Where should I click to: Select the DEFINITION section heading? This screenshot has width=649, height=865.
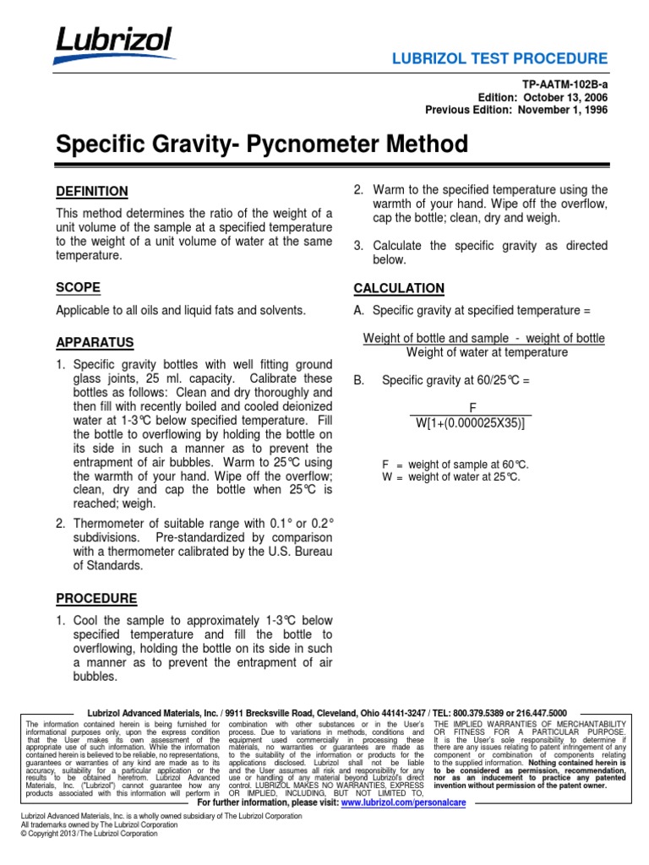tap(92, 192)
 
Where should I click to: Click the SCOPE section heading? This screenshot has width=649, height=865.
tap(78, 287)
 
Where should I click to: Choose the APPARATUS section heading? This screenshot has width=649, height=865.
tap(95, 343)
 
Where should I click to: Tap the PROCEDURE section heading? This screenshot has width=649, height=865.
tap(96, 598)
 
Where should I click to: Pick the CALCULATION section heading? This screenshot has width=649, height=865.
tap(399, 288)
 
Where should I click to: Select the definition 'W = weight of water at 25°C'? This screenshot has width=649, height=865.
tap(452, 476)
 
